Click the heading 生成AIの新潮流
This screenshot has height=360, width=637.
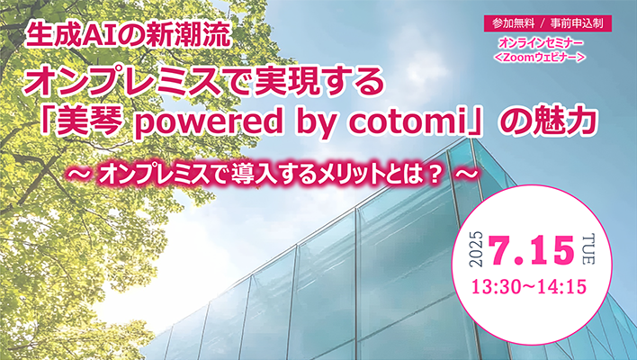pyautogui.click(x=129, y=35)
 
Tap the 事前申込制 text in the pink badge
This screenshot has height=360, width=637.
pyautogui.click(x=577, y=23)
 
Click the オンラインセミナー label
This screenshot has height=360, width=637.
pyautogui.click(x=541, y=42)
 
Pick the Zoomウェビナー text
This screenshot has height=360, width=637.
pyautogui.click(x=540, y=58)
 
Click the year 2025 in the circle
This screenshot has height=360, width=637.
pyautogui.click(x=477, y=249)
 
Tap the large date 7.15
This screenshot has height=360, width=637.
pyautogui.click(x=532, y=250)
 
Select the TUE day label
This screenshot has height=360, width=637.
pyautogui.click(x=588, y=249)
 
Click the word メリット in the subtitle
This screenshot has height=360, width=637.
pyautogui.click(x=350, y=175)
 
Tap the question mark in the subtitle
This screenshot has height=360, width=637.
pyautogui.click(x=435, y=175)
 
